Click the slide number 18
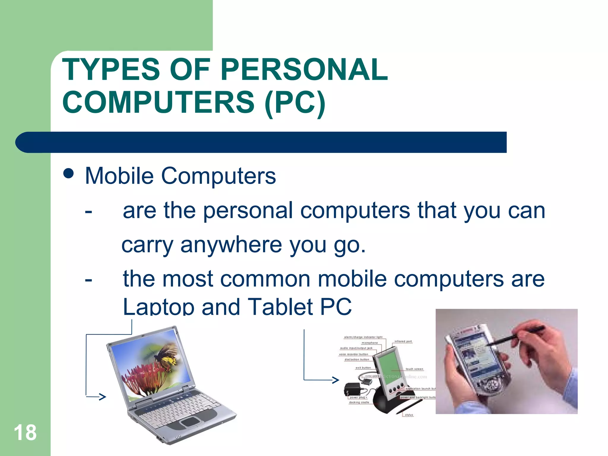25,433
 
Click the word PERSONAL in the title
304,70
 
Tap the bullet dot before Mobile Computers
69,174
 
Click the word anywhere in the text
231,245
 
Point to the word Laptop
158,307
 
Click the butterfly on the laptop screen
166,355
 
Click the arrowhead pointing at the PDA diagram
335,380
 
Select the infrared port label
403,341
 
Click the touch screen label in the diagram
414,369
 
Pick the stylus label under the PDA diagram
409,415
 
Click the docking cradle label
359,402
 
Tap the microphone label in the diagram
370,343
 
